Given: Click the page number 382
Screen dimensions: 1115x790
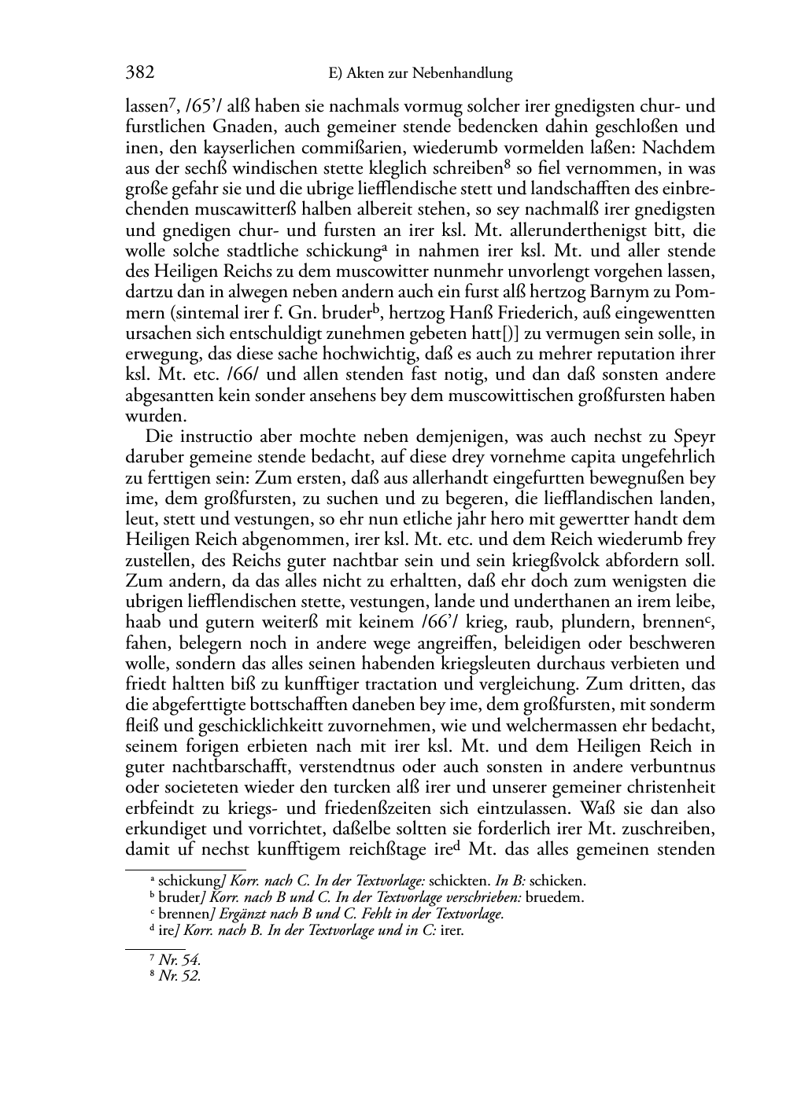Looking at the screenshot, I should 139,73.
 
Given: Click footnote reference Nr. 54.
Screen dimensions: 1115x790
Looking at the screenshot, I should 179,959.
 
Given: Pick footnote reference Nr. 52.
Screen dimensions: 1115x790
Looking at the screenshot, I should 179,976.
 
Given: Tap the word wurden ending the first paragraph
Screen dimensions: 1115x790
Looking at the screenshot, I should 151,416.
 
